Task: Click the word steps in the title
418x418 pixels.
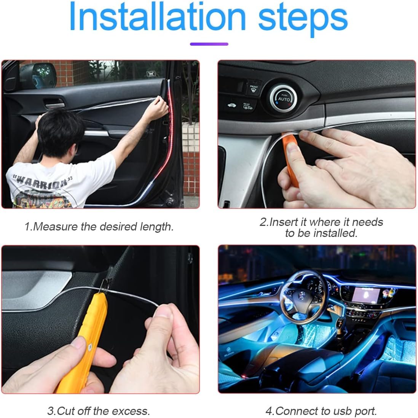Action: coord(303,18)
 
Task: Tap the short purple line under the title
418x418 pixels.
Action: coord(209,44)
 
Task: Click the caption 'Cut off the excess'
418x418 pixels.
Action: coord(99,411)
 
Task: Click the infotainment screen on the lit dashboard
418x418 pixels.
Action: coord(363,295)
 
